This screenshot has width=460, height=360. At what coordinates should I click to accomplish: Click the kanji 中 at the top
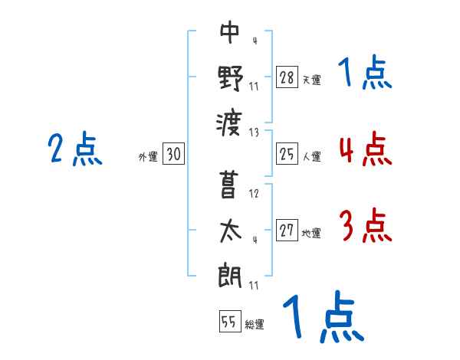coord(230,33)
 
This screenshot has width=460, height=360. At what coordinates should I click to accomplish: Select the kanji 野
coord(230,77)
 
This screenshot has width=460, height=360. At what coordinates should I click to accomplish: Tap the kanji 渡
coord(230,120)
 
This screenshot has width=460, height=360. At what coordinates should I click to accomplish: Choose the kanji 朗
coord(230,273)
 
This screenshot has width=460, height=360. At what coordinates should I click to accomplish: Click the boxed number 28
coord(287,77)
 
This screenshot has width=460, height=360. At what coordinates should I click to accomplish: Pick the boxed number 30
coord(173,155)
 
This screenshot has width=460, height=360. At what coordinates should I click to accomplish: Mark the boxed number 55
coord(229,322)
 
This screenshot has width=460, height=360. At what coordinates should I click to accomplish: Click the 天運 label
coord(311,79)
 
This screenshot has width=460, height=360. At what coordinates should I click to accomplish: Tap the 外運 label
coord(147,157)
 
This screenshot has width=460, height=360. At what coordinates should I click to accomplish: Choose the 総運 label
coord(255,325)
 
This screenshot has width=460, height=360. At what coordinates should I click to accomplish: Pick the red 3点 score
coord(365,227)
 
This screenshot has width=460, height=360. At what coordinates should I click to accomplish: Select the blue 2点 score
coord(75,149)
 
